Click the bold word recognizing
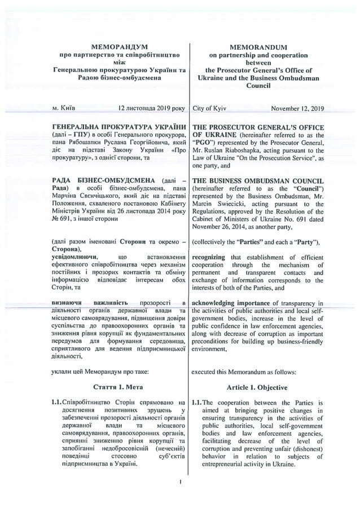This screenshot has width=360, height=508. coord(212,257)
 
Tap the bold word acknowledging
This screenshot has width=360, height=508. coord(218,303)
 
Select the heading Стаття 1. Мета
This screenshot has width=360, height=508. coord(118,388)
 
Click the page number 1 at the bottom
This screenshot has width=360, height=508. coord(179,483)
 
